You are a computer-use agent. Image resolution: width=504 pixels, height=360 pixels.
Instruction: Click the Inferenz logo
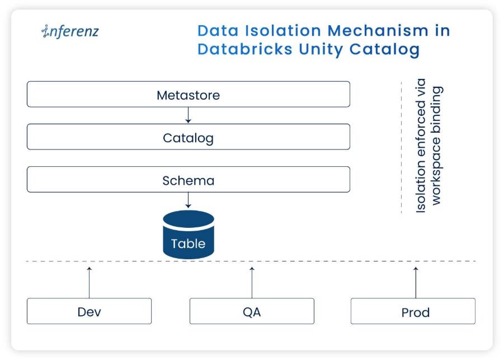point(70,31)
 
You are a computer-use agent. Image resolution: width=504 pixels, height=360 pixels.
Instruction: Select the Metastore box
point(189,94)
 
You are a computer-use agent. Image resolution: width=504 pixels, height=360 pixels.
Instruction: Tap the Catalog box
point(189,137)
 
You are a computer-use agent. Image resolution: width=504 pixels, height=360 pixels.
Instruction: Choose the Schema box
point(189,180)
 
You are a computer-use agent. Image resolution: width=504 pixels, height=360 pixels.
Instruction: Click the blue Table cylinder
point(189,235)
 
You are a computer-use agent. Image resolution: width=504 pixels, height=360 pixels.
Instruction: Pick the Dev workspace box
point(89,311)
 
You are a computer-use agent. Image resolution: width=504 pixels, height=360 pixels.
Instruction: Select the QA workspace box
point(252,311)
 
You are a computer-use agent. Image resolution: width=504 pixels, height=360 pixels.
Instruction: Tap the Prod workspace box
point(413,311)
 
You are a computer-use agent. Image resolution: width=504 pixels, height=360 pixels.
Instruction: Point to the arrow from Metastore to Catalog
point(189,115)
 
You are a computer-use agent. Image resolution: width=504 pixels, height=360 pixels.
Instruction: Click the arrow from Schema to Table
point(189,200)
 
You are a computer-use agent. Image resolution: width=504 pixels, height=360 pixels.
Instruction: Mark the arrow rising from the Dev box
point(90,283)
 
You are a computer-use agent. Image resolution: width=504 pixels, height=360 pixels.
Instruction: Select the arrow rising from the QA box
point(252,283)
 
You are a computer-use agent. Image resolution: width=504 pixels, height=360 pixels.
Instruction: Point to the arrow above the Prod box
point(416,283)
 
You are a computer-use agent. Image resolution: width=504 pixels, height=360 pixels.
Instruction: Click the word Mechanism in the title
point(378,31)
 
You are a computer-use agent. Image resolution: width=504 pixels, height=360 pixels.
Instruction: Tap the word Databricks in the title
point(245,49)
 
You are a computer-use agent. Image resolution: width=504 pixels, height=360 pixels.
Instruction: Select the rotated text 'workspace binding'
point(436,146)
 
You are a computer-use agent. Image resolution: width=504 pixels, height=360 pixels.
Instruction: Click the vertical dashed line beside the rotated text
point(402,148)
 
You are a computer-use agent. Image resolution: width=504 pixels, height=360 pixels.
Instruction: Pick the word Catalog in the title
point(384,50)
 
